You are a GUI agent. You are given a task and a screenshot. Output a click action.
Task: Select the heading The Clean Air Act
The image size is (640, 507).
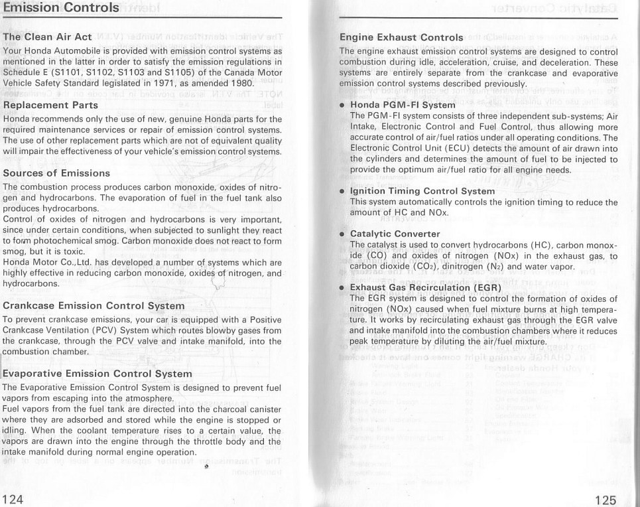pos(47,37)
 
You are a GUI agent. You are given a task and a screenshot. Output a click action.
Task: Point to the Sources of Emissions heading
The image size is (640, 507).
pos(57,173)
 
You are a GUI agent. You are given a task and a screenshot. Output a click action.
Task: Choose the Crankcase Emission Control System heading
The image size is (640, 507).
pos(94,306)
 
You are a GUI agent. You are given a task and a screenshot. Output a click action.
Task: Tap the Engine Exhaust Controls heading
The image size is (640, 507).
pos(401,37)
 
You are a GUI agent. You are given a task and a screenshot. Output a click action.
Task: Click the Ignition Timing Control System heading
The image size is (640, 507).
pos(422,191)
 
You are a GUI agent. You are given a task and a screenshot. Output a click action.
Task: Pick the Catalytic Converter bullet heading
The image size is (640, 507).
pos(395,234)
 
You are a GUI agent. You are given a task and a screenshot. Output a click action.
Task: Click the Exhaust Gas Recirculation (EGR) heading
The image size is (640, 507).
pos(421,287)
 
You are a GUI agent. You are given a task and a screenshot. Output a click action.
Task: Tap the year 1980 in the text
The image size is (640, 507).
pos(239,84)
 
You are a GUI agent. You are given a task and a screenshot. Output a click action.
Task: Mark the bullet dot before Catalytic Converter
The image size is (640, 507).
pos(342,234)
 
